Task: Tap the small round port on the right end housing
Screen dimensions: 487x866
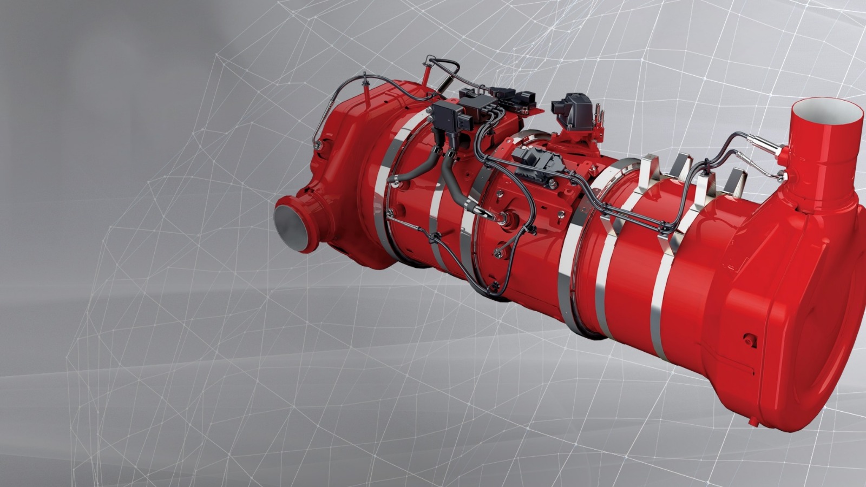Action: (x=750, y=340)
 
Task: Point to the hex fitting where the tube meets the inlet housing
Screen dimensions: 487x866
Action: (x=318, y=145)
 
